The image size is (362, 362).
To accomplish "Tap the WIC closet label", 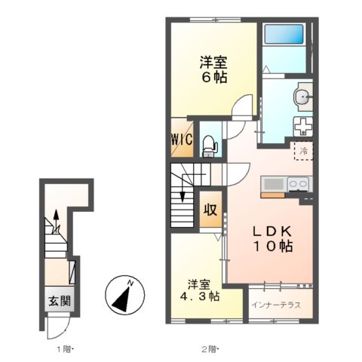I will point(183,140).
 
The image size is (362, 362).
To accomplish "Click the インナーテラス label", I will point(275,305).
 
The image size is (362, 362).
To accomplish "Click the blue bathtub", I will point(284,35).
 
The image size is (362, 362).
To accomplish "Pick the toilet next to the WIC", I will point(210,143).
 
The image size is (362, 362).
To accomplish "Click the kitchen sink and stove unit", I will point(286,184).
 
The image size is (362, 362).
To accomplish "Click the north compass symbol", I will point(122,293).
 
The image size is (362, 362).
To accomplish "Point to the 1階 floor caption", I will point(62,348).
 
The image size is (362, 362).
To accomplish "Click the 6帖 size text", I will point(213,76).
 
